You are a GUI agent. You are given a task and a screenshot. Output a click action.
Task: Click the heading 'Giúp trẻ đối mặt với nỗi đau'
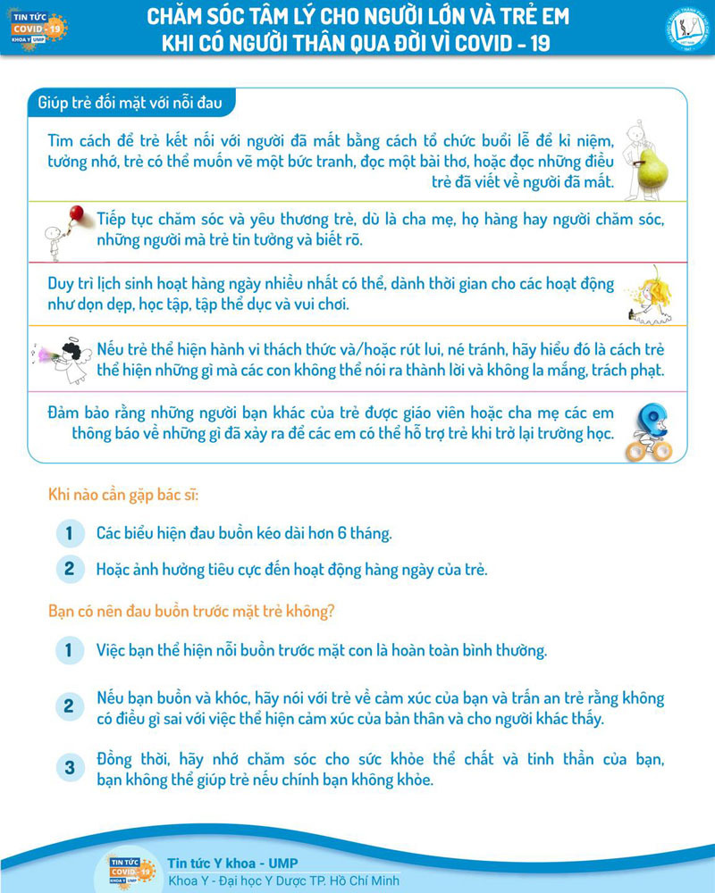131,103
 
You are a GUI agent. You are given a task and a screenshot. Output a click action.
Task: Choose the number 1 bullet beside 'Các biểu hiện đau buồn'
68,534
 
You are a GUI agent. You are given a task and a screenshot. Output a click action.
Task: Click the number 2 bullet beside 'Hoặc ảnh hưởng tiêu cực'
68,568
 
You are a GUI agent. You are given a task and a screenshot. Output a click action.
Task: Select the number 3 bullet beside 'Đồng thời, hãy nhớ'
68,768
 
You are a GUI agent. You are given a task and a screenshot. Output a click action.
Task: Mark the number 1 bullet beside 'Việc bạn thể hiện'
68,650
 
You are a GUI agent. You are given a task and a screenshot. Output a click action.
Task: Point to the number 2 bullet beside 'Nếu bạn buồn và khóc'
68,707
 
